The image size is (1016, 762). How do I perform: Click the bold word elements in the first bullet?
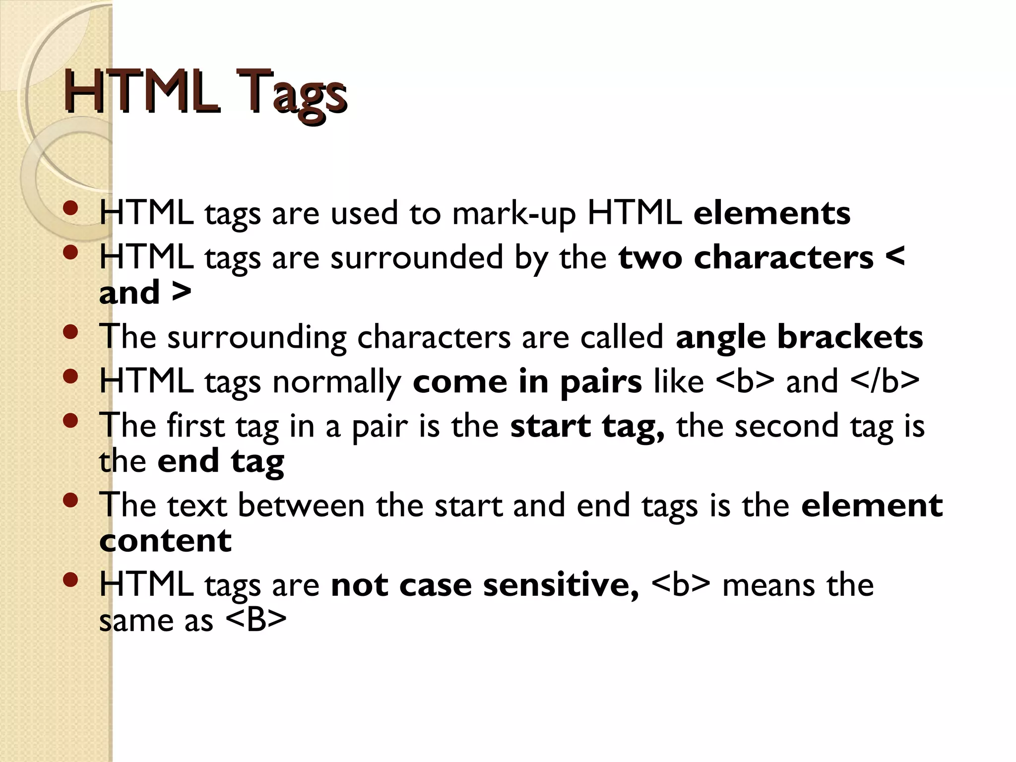[772, 213]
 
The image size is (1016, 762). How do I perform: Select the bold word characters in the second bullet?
[784, 257]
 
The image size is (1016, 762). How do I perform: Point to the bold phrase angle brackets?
[799, 337]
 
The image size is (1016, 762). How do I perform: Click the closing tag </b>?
[885, 381]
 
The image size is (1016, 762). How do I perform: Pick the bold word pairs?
[601, 382]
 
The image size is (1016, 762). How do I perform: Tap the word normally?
[337, 382]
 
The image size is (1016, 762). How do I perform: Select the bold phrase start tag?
[587, 427]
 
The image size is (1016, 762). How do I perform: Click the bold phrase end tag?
[221, 461]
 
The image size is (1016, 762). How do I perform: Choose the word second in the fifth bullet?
[786, 426]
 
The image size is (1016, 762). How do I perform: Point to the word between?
[301, 506]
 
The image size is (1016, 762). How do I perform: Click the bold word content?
[165, 540]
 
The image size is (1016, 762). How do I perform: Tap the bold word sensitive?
[561, 585]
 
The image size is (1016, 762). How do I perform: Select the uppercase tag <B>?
[256, 620]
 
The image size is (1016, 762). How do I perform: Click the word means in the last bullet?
[768, 585]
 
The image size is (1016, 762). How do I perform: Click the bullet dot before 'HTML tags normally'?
[71, 376]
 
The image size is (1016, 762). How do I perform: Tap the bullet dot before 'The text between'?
[71, 500]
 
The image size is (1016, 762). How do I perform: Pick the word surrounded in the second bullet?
[417, 257]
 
